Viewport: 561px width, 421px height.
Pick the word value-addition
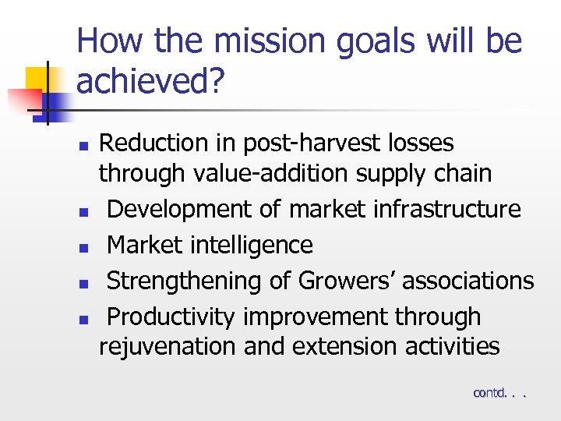277,173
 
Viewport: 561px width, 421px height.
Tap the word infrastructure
443,209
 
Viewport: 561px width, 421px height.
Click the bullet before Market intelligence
89,247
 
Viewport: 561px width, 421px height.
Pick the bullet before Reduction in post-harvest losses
89,145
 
